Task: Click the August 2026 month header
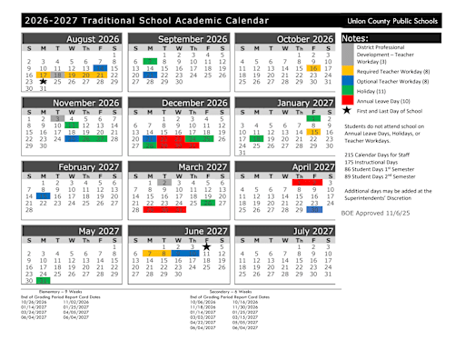pos(87,39)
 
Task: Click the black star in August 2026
pos(43,82)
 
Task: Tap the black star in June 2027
pos(206,245)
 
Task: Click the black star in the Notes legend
pos(346,109)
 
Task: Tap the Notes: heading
pos(355,38)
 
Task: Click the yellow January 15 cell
pos(313,132)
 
